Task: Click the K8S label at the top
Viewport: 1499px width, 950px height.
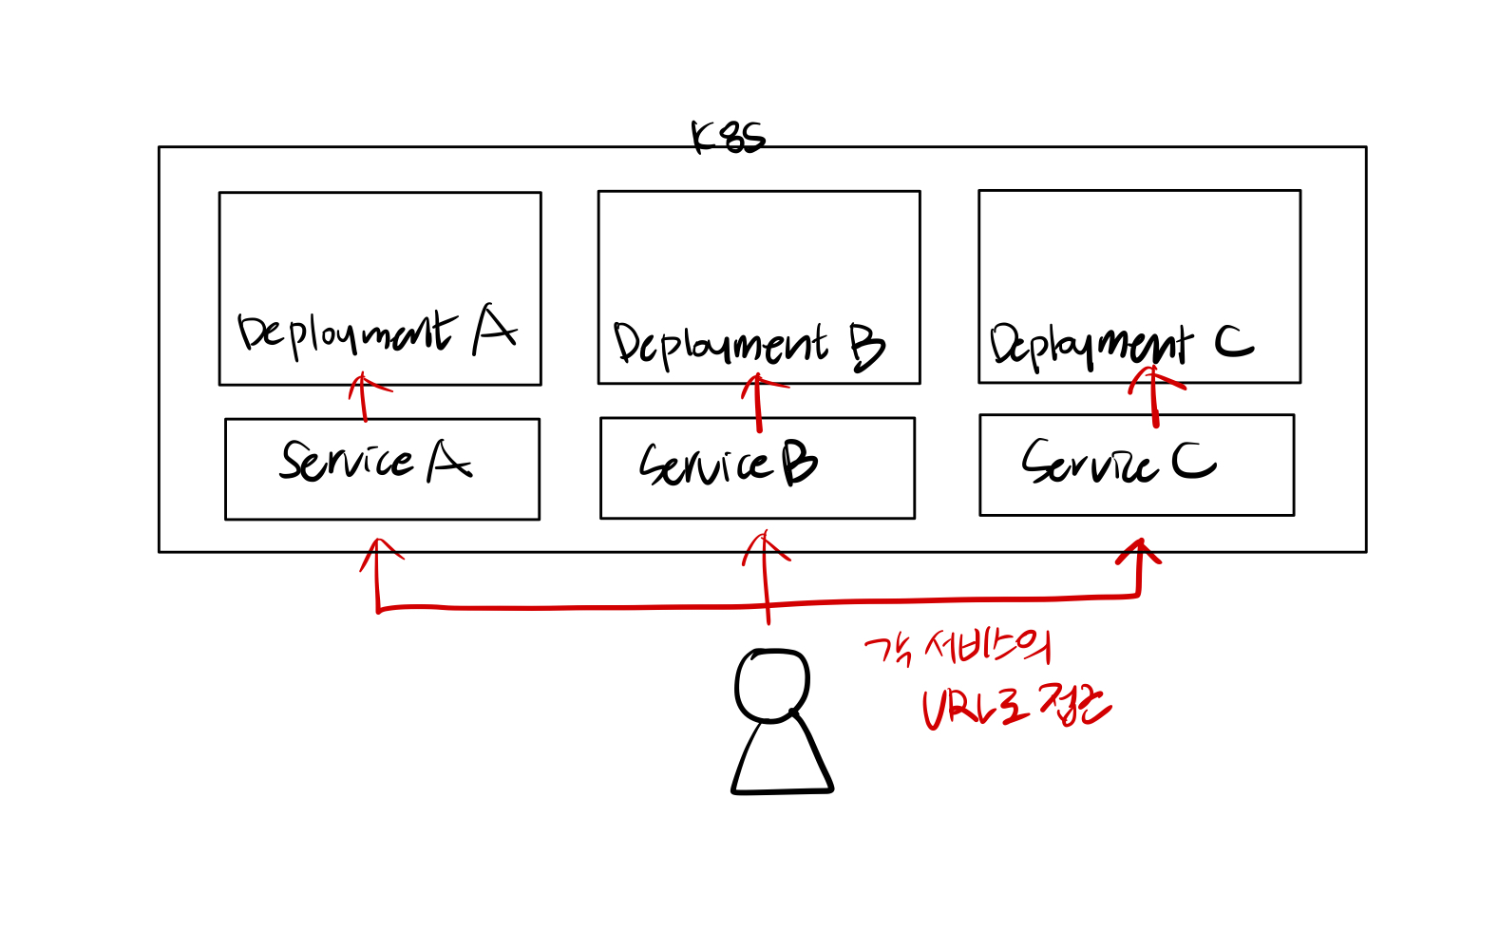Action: coord(728,139)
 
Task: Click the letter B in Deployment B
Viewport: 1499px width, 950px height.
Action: coord(866,347)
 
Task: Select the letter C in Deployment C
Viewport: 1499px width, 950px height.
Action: coord(1234,342)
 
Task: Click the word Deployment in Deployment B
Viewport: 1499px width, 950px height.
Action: coord(720,344)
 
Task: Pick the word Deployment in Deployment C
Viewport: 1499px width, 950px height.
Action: coord(1091,346)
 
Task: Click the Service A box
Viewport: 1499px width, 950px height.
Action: coord(382,469)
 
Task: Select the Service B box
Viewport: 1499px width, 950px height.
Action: coord(757,468)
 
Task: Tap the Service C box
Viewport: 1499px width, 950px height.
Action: coord(1136,465)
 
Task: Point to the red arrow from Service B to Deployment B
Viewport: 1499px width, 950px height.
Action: coord(758,402)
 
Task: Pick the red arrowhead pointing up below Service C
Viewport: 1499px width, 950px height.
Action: coord(1139,553)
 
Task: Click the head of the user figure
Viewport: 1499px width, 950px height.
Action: coord(772,685)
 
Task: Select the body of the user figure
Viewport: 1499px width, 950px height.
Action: coord(782,759)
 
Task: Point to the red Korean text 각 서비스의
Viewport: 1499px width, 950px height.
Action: coord(958,649)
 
